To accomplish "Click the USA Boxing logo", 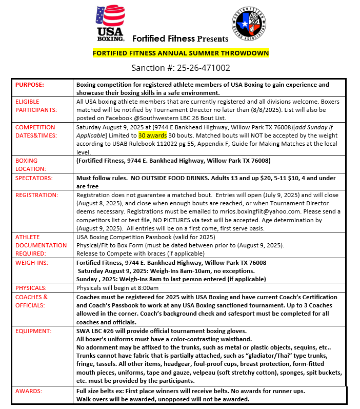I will pos(110,24).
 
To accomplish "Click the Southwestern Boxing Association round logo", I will pos(249,24).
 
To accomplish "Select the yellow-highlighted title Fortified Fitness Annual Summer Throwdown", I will pos(181,53).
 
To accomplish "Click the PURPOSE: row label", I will pos(30,85).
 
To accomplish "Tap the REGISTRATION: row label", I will pos(37,196).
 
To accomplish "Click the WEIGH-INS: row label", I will pos(32,263).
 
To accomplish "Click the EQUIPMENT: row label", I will pos(34,332).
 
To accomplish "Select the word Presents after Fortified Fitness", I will pos(212,38).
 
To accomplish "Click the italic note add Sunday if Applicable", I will pos(298,127).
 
